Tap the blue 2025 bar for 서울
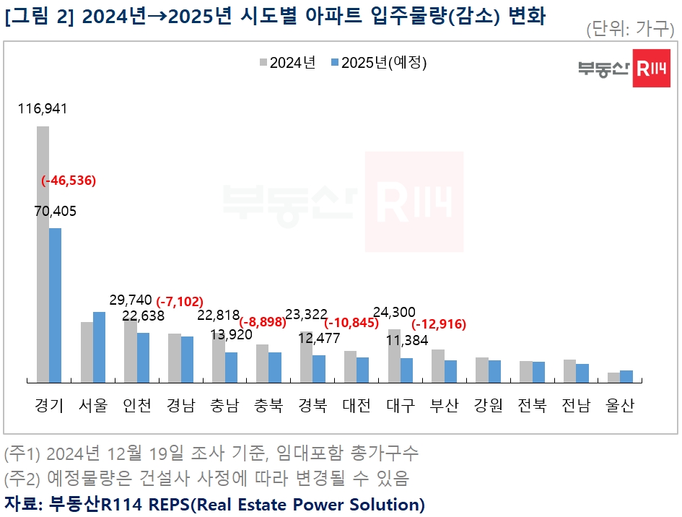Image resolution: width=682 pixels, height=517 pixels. click(x=99, y=347)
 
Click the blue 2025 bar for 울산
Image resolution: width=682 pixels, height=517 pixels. click(x=626, y=376)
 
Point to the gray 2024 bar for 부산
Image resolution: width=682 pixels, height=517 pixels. click(x=438, y=365)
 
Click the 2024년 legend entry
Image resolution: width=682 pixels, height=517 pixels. click(x=288, y=63)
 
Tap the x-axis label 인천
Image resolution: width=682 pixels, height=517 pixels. click(x=137, y=405)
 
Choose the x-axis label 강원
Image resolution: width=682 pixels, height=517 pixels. click(x=488, y=405)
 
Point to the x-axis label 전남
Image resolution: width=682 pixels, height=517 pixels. click(x=576, y=405)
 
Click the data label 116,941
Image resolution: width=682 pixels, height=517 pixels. click(x=43, y=108)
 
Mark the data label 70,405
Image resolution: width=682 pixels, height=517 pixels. click(x=54, y=211)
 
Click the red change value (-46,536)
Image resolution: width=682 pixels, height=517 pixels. click(x=69, y=181)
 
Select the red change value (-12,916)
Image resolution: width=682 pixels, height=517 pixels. click(x=437, y=323)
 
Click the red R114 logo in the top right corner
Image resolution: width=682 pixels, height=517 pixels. click(x=652, y=69)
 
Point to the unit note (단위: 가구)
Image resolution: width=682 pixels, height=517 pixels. click(x=630, y=29)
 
